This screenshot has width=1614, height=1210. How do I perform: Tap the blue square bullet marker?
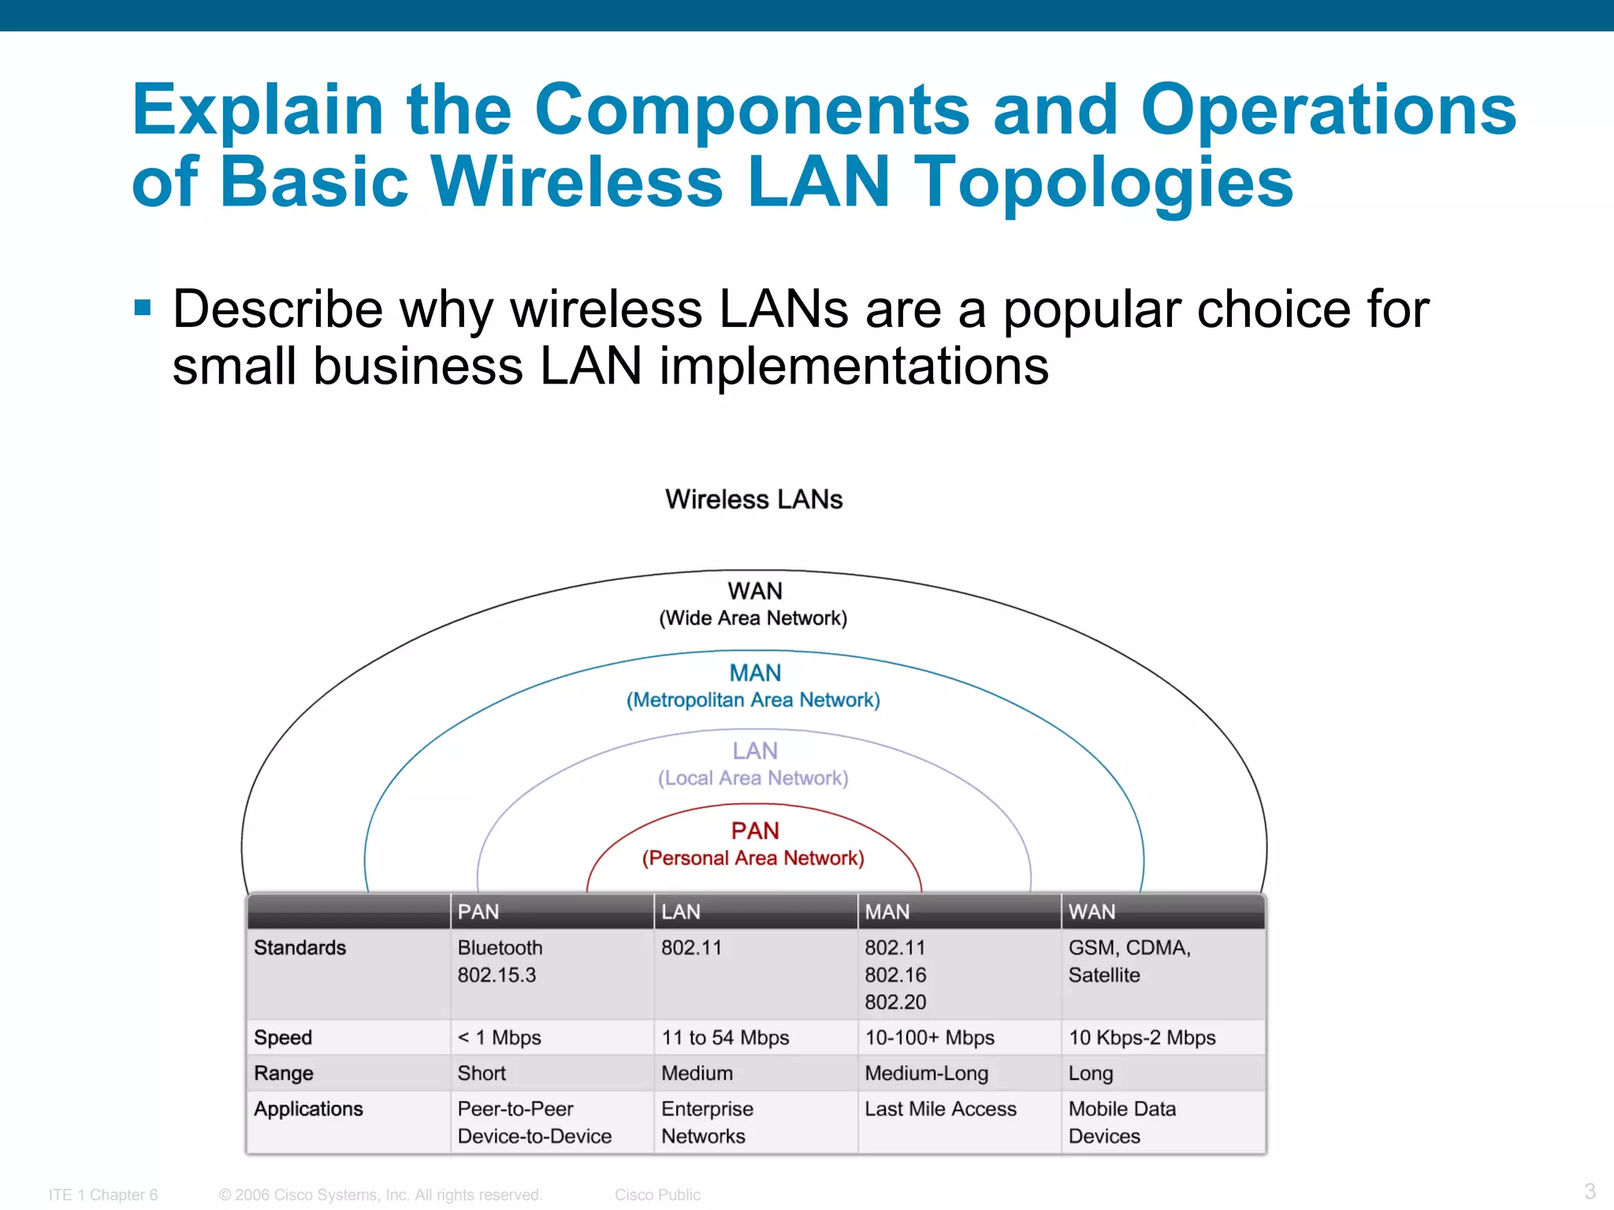(143, 307)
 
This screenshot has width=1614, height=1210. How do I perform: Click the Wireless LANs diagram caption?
(753, 499)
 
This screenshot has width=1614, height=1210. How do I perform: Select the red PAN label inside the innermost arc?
(754, 830)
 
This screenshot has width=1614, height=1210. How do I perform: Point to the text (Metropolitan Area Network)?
(753, 700)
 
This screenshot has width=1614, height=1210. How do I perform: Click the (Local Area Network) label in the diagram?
(753, 778)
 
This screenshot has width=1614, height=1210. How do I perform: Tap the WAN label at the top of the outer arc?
(754, 591)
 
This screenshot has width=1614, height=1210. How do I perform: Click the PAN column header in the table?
(478, 911)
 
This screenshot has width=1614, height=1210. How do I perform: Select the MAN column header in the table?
(887, 911)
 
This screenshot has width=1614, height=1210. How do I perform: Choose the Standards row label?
(299, 948)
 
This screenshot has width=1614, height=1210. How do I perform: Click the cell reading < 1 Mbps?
(499, 1037)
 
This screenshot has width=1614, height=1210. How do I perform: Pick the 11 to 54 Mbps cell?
(724, 1037)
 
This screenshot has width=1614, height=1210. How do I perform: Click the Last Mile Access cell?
(940, 1109)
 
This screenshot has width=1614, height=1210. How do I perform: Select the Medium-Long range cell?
(926, 1073)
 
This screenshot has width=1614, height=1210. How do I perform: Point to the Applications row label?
(308, 1109)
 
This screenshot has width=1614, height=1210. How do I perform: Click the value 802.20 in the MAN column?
(895, 1002)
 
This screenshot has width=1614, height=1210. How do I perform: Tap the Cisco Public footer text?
(657, 1194)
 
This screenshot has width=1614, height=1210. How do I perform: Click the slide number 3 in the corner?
(1590, 1191)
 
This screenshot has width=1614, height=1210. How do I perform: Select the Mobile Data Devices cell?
(1121, 1123)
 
